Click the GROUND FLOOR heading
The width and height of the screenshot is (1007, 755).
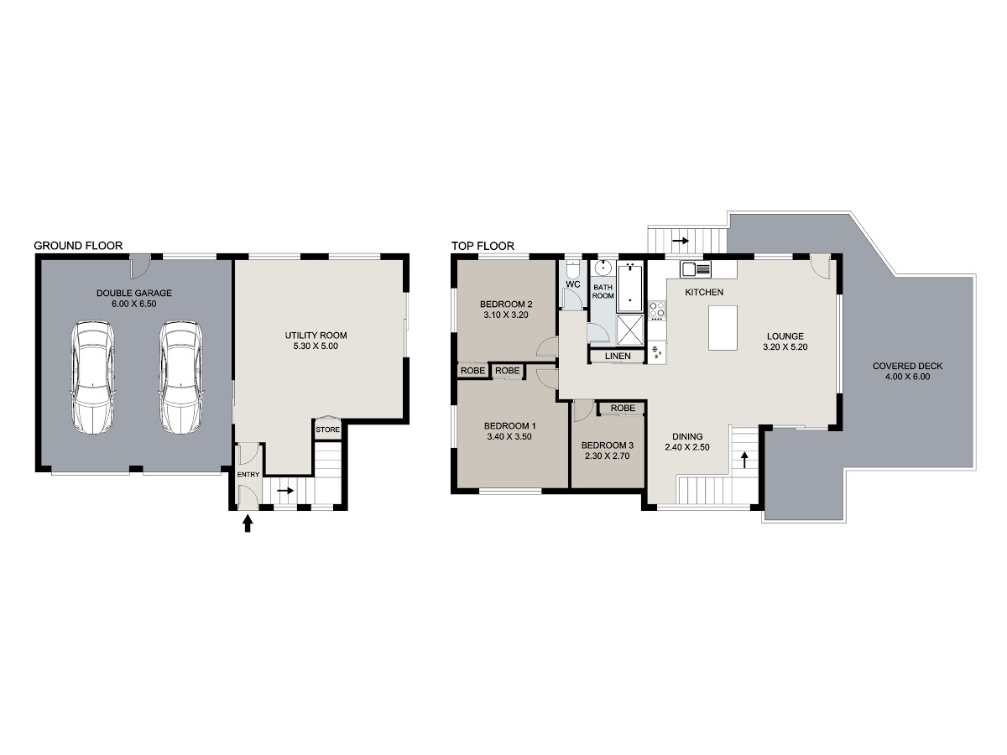coord(78,246)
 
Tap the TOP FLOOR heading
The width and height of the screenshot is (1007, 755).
coord(483,246)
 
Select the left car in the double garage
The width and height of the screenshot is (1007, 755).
coord(92,377)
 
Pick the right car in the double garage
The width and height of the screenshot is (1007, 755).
coord(180,377)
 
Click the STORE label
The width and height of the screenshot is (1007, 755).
coord(327,430)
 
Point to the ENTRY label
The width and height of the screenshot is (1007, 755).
coord(248,475)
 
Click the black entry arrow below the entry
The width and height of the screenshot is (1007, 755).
coord(248,523)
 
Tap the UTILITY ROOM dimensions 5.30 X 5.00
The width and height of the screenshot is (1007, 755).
coord(316,346)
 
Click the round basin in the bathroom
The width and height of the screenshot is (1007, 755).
coord(603,268)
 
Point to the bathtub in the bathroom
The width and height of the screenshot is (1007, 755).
coord(630,287)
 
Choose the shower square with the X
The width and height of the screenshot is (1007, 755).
coord(630,330)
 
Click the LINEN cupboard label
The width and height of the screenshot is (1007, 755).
coord(618,357)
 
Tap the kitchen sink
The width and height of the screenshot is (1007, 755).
coord(695,268)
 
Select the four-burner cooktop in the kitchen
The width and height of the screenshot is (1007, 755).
coord(657,310)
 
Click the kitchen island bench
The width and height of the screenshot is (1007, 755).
coord(723,328)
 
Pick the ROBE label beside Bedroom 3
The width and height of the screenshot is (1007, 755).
coord(623,408)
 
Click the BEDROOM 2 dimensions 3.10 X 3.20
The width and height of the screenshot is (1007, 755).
coord(506,315)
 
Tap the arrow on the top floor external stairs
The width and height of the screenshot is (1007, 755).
coord(681,240)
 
